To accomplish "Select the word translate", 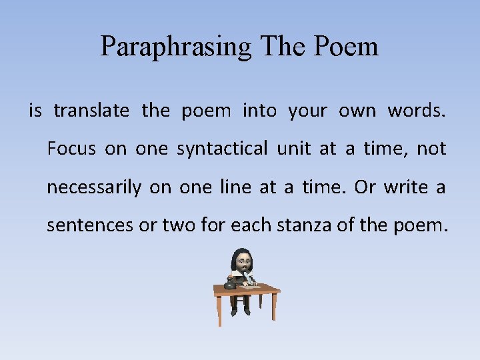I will (x=91, y=111).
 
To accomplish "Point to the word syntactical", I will (x=222, y=149).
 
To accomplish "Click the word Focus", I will (x=71, y=149).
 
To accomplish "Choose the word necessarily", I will (x=93, y=188).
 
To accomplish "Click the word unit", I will (x=293, y=149).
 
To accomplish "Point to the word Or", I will (x=365, y=187).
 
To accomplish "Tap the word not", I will (x=431, y=149).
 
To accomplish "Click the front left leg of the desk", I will (x=220, y=310).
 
